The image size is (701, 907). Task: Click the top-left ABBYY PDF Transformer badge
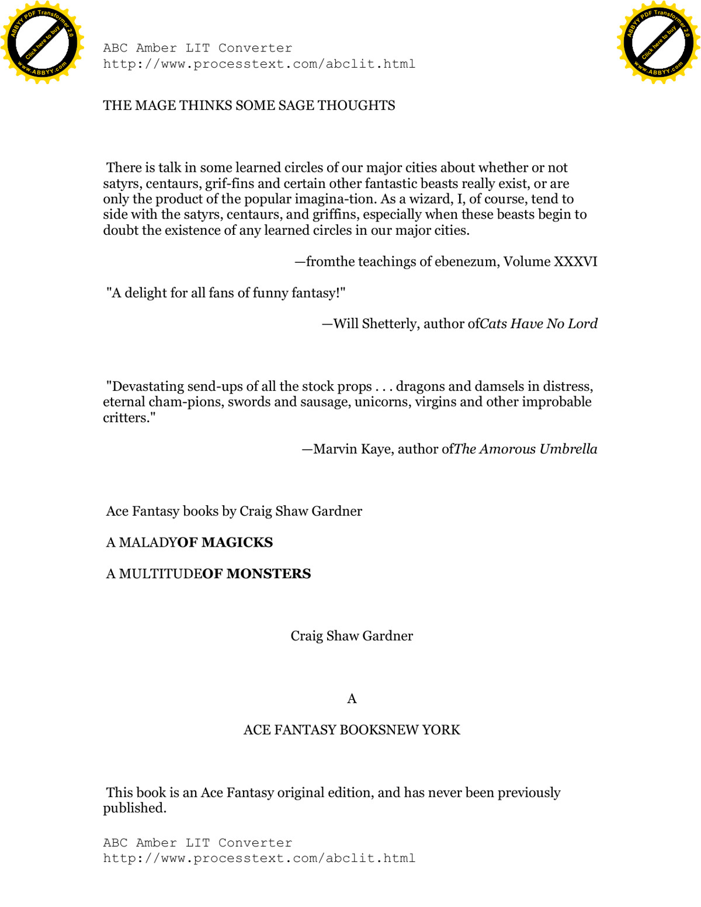pos(42,43)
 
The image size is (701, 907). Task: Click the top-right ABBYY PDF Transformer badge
pos(658,43)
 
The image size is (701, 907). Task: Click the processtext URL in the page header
pos(259,64)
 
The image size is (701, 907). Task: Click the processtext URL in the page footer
pos(259,859)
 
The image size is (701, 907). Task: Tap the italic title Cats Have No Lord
pos(539,324)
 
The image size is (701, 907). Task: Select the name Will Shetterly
pos(376,324)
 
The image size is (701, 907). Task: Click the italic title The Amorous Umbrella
pos(525,449)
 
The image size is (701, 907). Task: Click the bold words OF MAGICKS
pos(225,543)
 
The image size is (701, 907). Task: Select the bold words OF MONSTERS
pos(256,574)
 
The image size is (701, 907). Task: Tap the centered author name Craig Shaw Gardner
pos(352,636)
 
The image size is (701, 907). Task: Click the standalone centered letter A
pos(352,699)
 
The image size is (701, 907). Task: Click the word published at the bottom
pos(134,808)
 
